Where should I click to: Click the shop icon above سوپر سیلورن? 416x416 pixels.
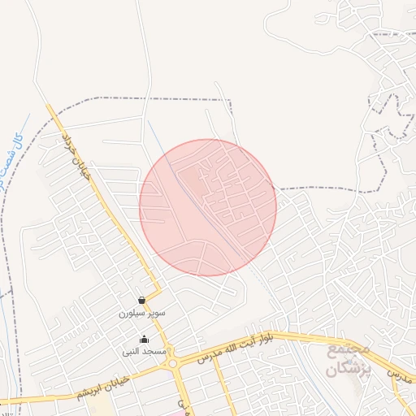[142, 300]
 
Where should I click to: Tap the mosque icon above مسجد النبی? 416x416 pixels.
[145, 340]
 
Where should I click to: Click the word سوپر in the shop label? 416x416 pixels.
[156, 312]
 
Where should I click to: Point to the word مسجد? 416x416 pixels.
[154, 352]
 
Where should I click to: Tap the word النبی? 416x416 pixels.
[132, 352]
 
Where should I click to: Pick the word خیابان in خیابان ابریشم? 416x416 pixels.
[109, 383]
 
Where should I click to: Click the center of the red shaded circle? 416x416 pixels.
[208, 207]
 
